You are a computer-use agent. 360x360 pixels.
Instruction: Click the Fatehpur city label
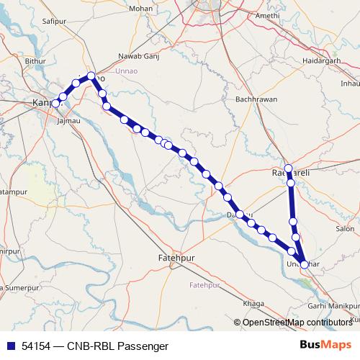[176, 257]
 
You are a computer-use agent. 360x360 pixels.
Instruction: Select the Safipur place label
[55, 23]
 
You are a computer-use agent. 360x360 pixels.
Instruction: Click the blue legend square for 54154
[11, 346]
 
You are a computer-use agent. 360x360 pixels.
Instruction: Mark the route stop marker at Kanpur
[55, 104]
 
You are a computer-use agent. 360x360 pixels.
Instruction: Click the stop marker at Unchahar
[304, 264]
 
